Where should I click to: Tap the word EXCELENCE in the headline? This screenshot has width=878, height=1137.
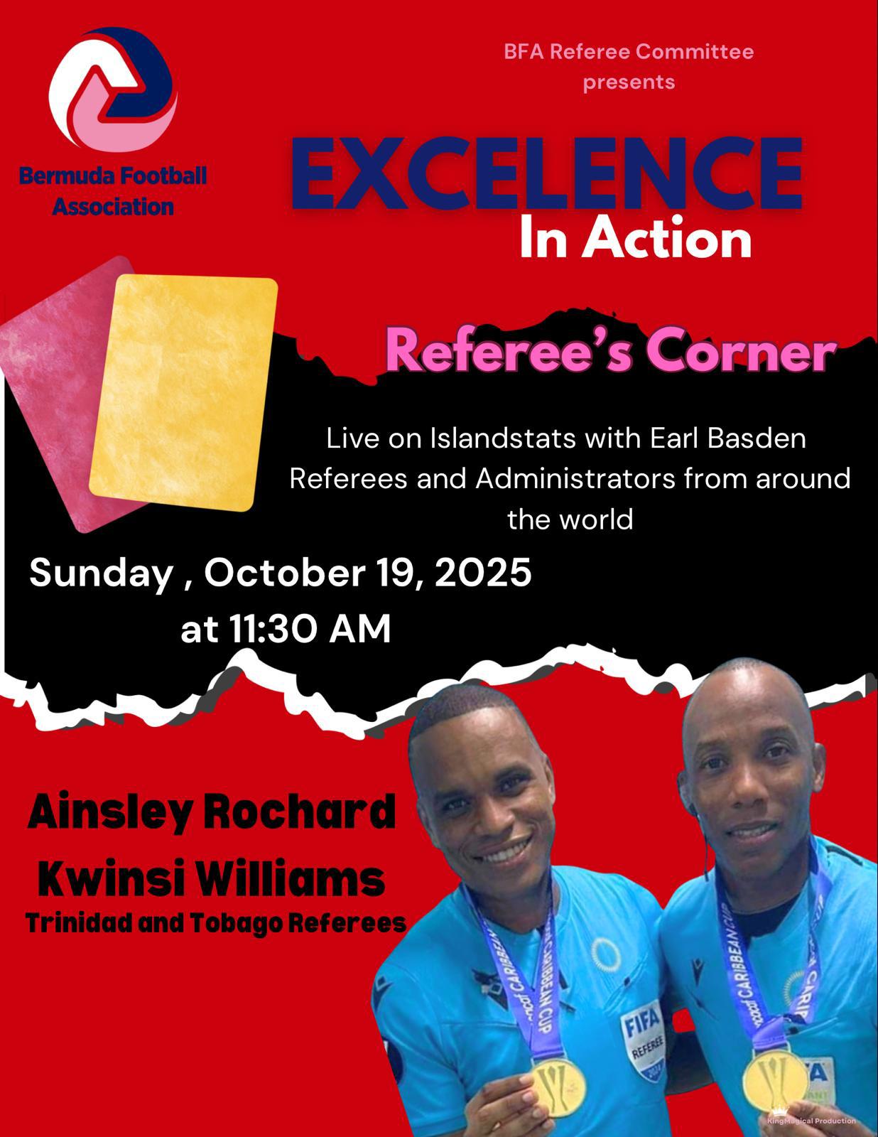tap(546, 173)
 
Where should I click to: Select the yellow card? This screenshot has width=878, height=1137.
tap(183, 392)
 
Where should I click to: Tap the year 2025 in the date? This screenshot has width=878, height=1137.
tap(482, 573)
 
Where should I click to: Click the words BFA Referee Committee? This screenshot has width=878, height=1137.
tap(629, 52)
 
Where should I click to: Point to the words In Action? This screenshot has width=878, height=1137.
tap(635, 239)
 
